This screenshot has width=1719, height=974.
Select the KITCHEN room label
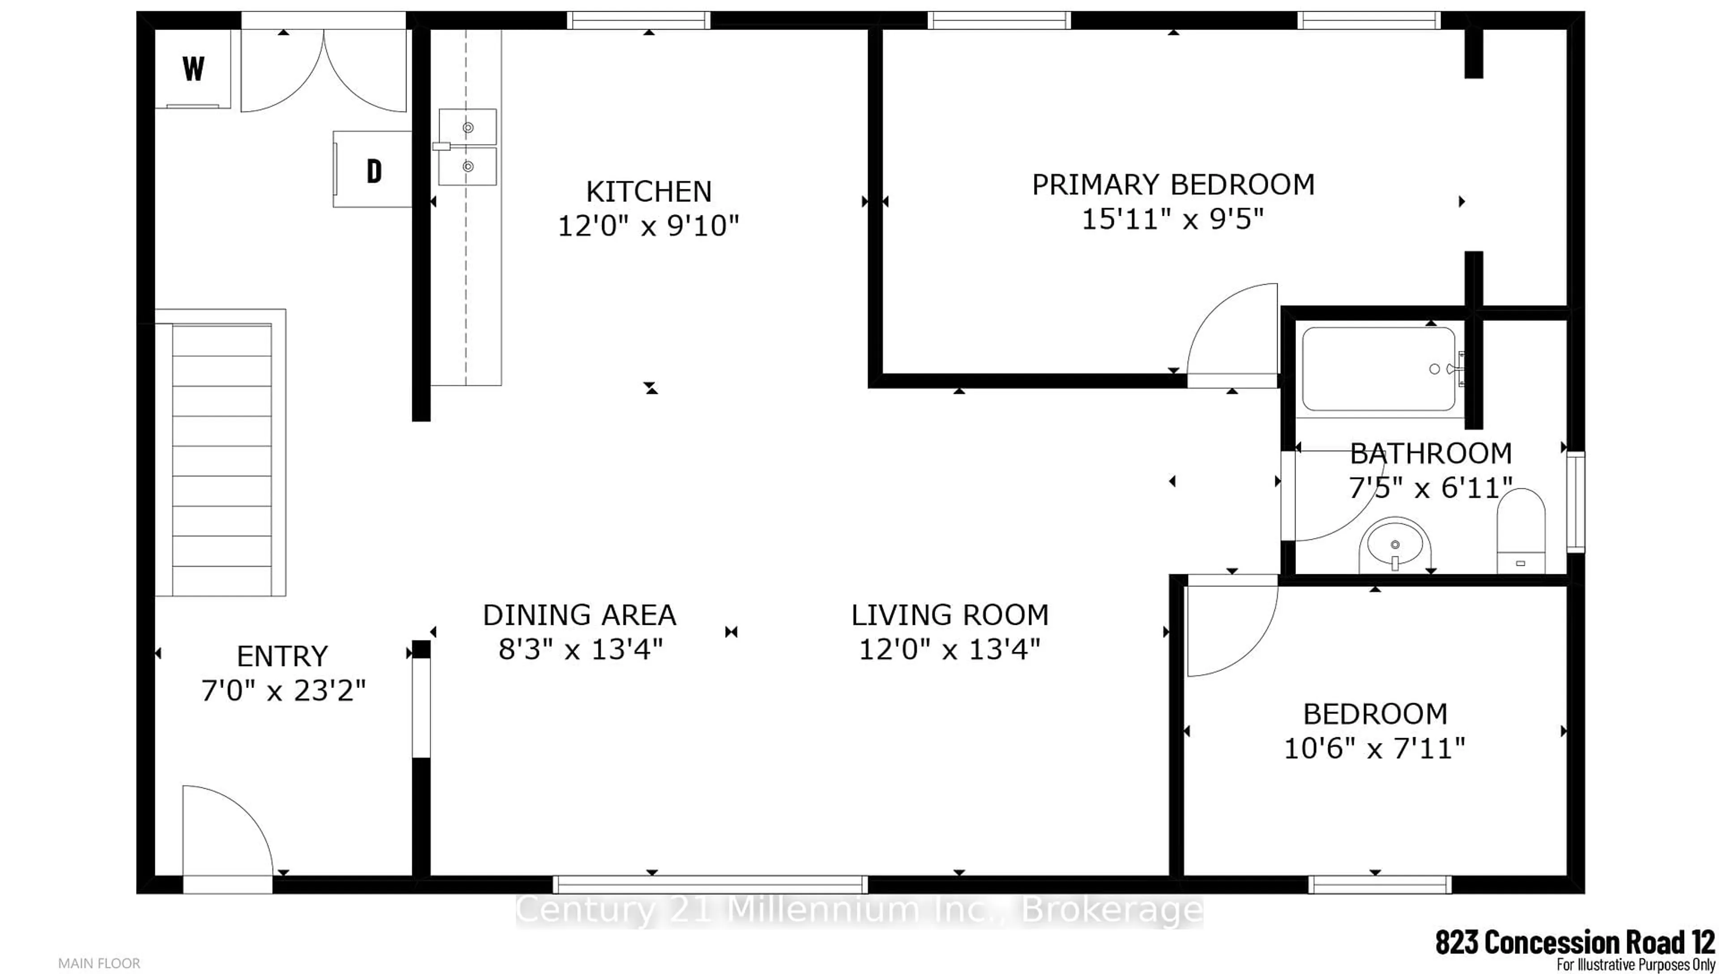(648, 192)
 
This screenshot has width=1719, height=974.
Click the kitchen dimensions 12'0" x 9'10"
(648, 226)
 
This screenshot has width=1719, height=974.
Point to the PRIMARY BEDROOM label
(1172, 184)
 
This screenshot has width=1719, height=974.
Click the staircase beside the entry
(222, 460)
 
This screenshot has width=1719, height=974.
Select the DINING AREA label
(579, 615)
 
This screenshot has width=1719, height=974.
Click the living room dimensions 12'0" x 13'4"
(949, 649)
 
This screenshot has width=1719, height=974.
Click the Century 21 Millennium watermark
(859, 910)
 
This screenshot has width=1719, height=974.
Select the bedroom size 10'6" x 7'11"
(1375, 748)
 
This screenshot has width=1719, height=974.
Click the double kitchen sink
(467, 146)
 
